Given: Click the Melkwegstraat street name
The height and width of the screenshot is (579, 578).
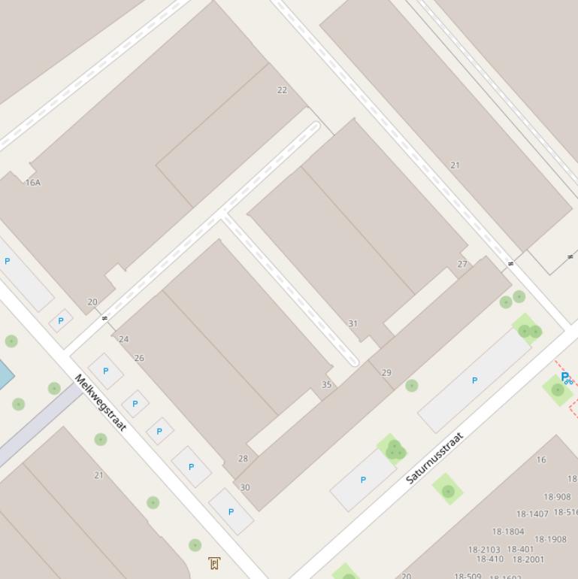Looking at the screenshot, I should pyautogui.click(x=100, y=402).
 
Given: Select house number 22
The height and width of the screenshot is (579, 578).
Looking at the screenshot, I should pyautogui.click(x=282, y=90).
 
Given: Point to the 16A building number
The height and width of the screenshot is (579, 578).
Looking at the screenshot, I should pyautogui.click(x=33, y=183).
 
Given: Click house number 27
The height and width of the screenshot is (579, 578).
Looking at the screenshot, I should pyautogui.click(x=462, y=264).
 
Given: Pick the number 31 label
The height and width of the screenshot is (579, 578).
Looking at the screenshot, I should pyautogui.click(x=353, y=324).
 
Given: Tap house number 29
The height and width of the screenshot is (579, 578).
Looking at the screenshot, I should pyautogui.click(x=386, y=372).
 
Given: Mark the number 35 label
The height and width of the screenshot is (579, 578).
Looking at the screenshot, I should pyautogui.click(x=327, y=384).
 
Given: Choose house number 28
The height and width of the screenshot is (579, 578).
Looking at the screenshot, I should pyautogui.click(x=243, y=458).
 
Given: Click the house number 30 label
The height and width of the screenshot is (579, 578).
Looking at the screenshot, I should pyautogui.click(x=245, y=487).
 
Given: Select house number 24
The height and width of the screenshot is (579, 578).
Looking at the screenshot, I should pyautogui.click(x=124, y=339).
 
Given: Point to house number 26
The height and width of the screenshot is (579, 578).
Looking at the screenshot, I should pyautogui.click(x=139, y=358).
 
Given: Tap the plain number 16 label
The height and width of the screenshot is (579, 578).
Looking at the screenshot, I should pyautogui.click(x=541, y=459).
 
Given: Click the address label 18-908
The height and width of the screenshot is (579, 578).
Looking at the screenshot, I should pyautogui.click(x=557, y=497).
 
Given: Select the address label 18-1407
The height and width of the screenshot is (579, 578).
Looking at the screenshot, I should pyautogui.click(x=532, y=514).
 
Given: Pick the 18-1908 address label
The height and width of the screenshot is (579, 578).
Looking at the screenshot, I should pyautogui.click(x=550, y=539).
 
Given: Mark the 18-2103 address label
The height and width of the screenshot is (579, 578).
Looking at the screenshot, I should pyautogui.click(x=484, y=550).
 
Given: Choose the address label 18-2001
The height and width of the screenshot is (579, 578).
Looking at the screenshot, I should pyautogui.click(x=528, y=559).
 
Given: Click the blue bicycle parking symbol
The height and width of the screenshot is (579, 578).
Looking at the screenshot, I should pyautogui.click(x=567, y=378).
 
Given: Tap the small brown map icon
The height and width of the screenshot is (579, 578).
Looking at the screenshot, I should pyautogui.click(x=214, y=562).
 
